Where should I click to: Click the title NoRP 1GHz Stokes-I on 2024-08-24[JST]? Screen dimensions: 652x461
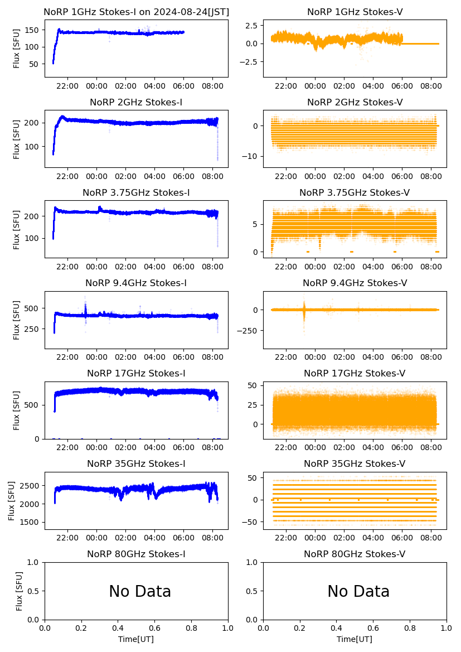pos(136,12)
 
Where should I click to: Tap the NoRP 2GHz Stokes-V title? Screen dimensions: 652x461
pos(355,102)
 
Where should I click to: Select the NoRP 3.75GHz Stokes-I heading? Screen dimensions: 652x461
pos(136,192)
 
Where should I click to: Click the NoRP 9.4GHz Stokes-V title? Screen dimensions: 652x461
pos(355,283)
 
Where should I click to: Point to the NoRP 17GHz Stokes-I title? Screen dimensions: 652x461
pos(136,373)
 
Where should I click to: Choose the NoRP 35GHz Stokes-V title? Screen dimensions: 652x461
pos(355,463)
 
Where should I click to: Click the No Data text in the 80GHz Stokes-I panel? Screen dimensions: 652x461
pos(140,591)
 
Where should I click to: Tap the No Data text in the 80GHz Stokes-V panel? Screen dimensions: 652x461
pos(358,591)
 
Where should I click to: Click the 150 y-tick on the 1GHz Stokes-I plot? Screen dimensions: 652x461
pos(33,29)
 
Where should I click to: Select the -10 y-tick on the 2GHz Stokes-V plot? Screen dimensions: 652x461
pos(252,156)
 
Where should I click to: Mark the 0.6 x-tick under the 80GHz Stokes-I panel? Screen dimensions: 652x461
pos(154,628)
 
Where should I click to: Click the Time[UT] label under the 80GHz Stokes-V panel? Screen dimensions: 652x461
pos(355,639)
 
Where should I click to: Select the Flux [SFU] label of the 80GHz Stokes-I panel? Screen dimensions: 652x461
pos(20,591)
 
